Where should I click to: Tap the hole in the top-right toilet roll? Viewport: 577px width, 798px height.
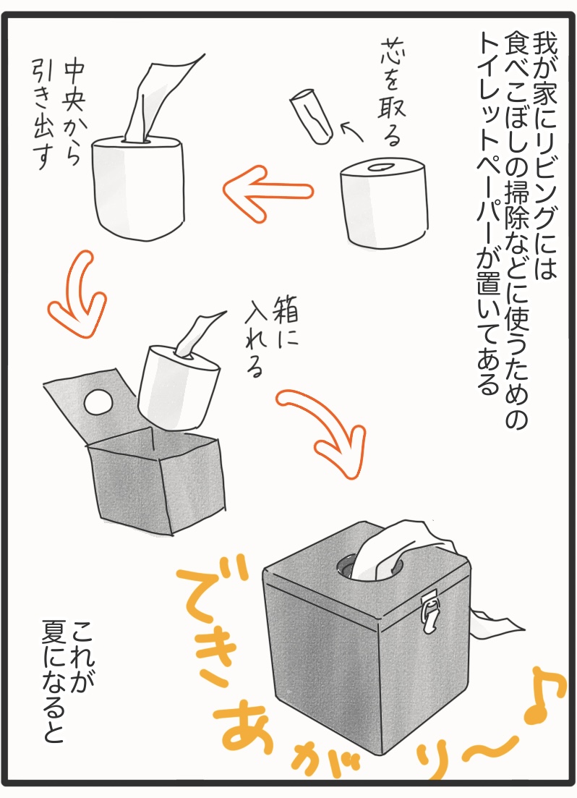pos(380,167)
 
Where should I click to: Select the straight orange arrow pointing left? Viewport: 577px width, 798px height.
pos(268,191)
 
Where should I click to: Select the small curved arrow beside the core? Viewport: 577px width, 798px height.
pos(351,131)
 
